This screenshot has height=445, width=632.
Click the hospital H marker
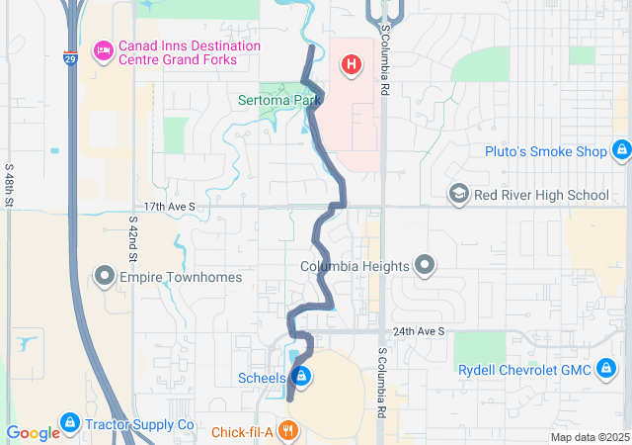(x=350, y=66)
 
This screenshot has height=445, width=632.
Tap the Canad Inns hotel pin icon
(x=103, y=50)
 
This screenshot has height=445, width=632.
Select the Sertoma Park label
(x=280, y=100)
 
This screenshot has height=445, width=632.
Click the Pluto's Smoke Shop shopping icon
(x=621, y=151)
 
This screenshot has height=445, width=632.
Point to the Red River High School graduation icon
(x=458, y=194)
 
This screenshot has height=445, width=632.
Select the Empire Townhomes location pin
(x=105, y=277)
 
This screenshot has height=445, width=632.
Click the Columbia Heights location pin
(x=425, y=265)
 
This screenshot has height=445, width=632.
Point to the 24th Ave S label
(x=418, y=331)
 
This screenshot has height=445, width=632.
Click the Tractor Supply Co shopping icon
(x=69, y=424)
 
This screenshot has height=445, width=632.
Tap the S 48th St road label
(x=9, y=185)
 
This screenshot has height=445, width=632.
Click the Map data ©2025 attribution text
(x=589, y=437)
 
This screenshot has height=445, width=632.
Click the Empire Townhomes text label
(x=181, y=277)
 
